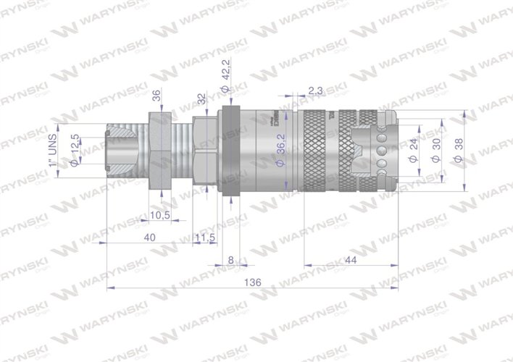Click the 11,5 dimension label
(x=207, y=237)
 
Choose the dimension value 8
(x=230, y=260)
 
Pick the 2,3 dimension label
(x=315, y=90)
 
